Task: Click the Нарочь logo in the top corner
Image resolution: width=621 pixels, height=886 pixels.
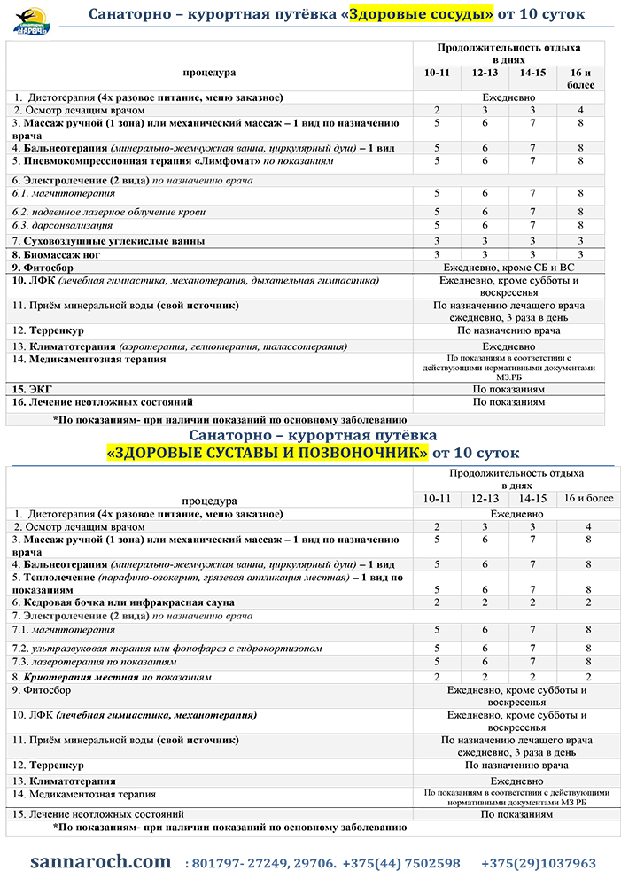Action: tap(32, 19)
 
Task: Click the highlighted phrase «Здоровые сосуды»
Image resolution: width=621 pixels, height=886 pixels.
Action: tap(420, 14)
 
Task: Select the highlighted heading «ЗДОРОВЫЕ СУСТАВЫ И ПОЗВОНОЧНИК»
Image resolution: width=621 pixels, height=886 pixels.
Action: tap(267, 453)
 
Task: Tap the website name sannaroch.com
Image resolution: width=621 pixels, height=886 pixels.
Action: tap(100, 861)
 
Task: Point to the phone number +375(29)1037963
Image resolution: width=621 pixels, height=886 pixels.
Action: tap(539, 863)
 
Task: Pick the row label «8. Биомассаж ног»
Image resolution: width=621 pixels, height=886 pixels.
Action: tap(56, 254)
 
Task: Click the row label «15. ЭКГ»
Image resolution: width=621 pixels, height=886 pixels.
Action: tap(33, 389)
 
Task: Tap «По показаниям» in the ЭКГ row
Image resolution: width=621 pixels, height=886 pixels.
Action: tap(508, 389)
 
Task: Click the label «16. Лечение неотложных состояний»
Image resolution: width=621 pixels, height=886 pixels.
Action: tap(103, 402)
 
